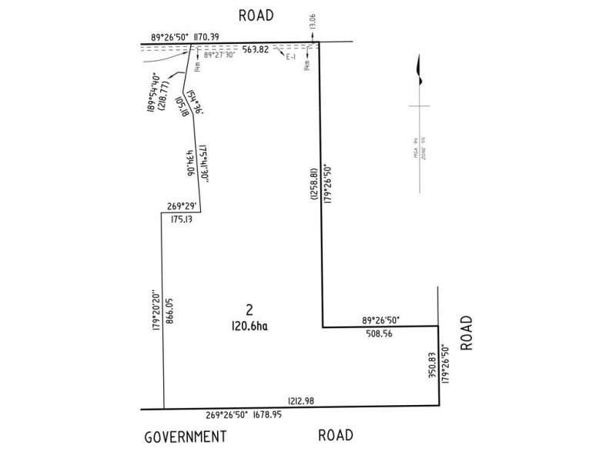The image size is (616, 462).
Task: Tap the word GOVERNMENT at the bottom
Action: [186, 437]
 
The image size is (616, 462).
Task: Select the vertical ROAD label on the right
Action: [466, 333]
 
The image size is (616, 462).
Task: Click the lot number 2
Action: [248, 310]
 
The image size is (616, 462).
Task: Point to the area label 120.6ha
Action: [248, 326]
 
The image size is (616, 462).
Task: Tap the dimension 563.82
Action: [256, 51]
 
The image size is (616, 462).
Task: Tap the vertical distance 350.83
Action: [433, 366]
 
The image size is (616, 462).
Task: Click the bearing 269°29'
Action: [183, 205]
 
